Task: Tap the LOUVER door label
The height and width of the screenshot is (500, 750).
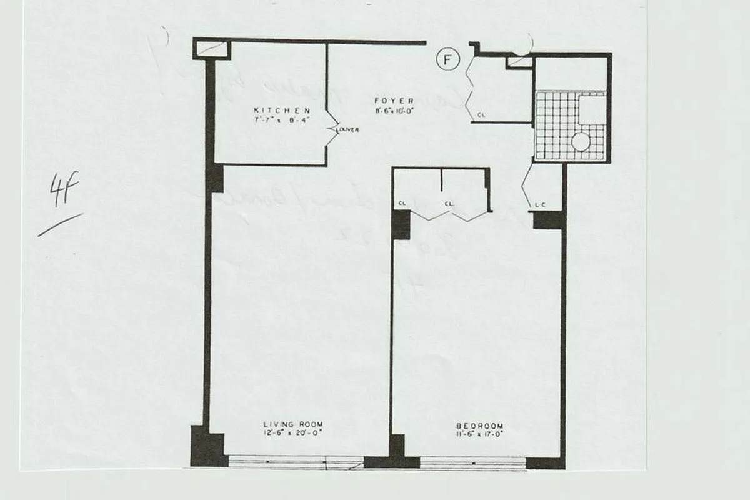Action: coord(347,130)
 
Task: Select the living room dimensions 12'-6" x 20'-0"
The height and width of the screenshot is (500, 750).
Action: coord(292,432)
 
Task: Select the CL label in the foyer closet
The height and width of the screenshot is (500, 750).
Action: coord(481,115)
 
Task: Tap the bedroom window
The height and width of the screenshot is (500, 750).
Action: coord(472,462)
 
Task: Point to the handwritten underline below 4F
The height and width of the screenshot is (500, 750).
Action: coord(60,225)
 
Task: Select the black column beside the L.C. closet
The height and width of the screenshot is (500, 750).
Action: coord(549,220)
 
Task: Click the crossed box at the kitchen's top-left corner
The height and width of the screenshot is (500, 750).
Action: coord(211,48)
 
